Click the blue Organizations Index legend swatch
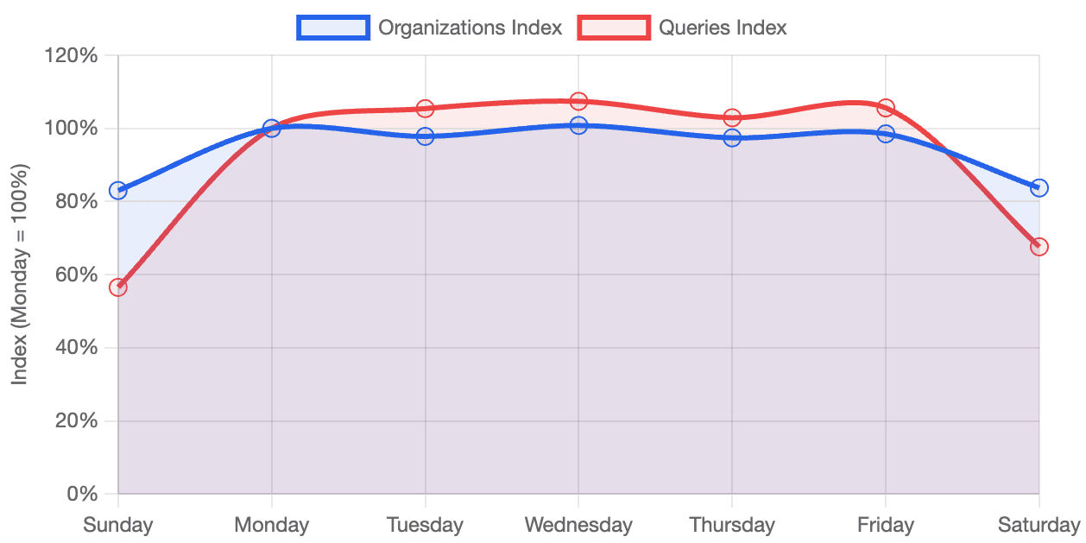pyautogui.click(x=333, y=28)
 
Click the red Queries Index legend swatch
pyautogui.click(x=614, y=28)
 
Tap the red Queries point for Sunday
pyautogui.click(x=118, y=287)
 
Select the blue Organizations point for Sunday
pyautogui.click(x=118, y=191)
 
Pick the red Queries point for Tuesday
pyautogui.click(x=425, y=108)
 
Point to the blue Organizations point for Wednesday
pyautogui.click(x=578, y=125)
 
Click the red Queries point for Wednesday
pyautogui.click(x=578, y=101)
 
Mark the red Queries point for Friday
pyautogui.click(x=886, y=107)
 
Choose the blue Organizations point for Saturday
pyautogui.click(x=1039, y=188)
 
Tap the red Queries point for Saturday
pyautogui.click(x=1039, y=247)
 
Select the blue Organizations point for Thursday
pyautogui.click(x=732, y=137)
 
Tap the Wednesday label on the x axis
pyautogui.click(x=578, y=524)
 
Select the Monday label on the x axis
pyautogui.click(x=272, y=524)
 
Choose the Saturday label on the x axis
pyautogui.click(x=1039, y=524)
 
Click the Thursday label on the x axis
pyautogui.click(x=732, y=524)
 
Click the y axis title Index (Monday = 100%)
pyautogui.click(x=20, y=275)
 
